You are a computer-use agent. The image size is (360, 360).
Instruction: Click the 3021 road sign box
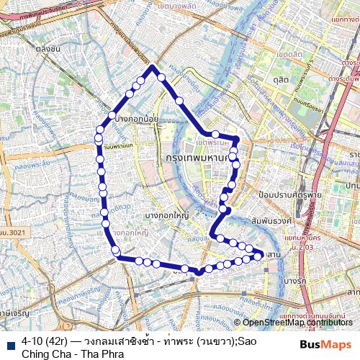tap(12, 232)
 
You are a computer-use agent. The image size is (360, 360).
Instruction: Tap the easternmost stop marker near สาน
tap(258, 253)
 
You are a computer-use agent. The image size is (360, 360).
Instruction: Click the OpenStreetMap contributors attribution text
tap(296, 323)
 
